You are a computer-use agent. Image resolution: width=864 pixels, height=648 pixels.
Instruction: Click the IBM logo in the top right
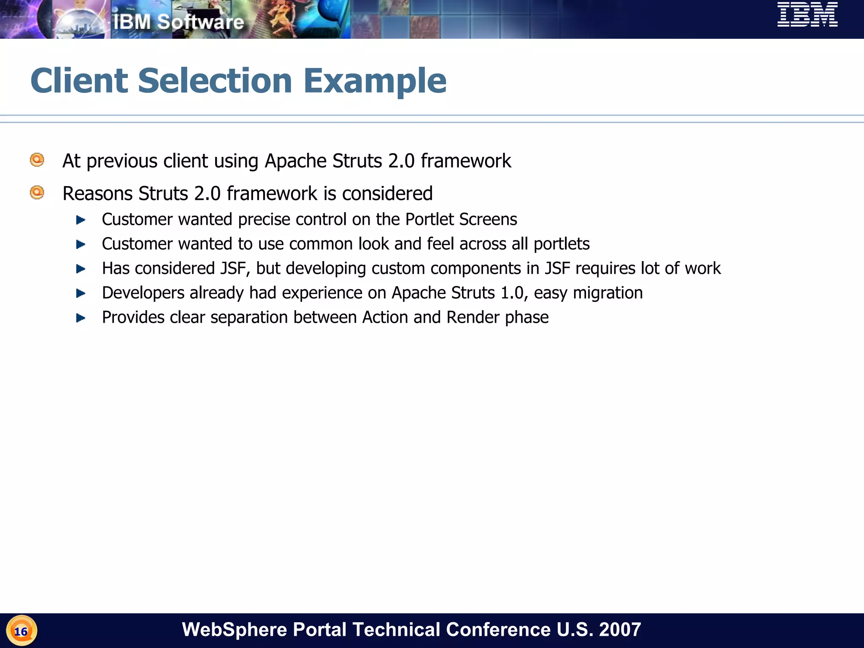click(x=807, y=15)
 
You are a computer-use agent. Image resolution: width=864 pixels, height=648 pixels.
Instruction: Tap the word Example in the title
click(x=375, y=81)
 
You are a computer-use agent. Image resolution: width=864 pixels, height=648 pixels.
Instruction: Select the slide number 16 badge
click(x=21, y=631)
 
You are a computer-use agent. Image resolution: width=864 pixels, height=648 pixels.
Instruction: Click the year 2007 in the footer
click(x=620, y=629)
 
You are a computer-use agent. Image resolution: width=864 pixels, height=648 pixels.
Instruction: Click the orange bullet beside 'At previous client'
click(x=37, y=160)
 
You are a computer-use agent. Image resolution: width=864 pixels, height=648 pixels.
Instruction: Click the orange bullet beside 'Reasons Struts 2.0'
click(x=37, y=193)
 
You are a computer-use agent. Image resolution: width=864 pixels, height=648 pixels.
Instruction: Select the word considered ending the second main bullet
click(x=387, y=194)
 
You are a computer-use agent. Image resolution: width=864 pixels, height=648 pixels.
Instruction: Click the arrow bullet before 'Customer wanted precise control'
click(x=81, y=220)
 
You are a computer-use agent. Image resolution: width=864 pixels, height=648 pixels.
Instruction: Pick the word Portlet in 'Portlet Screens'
click(x=429, y=219)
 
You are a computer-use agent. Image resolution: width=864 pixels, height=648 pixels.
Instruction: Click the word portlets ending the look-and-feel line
click(x=561, y=244)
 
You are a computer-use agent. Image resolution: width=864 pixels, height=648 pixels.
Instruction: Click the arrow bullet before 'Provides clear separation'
click(x=81, y=318)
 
